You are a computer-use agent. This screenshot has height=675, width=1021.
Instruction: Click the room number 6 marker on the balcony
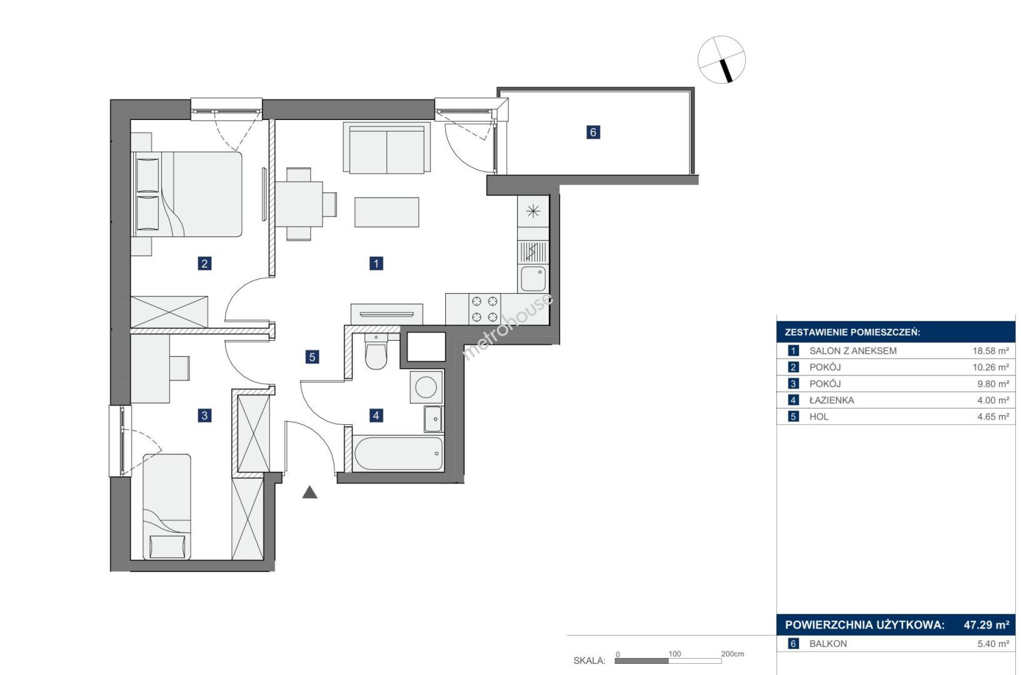coord(593,132)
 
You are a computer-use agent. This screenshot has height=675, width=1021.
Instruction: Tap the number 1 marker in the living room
coord(376,263)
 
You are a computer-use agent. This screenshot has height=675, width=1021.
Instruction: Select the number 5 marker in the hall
coord(312,357)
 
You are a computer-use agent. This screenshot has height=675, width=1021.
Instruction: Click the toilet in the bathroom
coord(376,352)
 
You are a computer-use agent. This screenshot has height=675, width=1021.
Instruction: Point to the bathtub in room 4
coord(398,453)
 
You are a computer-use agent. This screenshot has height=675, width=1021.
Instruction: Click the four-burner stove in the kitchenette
coord(485,309)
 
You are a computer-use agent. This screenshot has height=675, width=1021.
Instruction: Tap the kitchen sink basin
coord(533,279)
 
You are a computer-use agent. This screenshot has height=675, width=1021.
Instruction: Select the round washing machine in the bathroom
coord(426,387)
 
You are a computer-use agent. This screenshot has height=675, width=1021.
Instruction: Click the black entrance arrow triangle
coord(310,492)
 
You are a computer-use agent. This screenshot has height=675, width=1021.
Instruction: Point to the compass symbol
coord(722,60)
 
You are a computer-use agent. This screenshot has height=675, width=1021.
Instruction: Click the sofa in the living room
coord(386,147)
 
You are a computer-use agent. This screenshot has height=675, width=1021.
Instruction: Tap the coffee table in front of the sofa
coord(386,212)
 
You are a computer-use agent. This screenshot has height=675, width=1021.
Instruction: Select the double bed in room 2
coord(187,194)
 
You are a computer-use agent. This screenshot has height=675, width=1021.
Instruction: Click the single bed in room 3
coord(167,507)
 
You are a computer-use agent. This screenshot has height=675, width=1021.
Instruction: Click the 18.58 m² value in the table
coord(990,351)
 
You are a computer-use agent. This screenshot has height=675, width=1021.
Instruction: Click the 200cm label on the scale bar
coord(733,654)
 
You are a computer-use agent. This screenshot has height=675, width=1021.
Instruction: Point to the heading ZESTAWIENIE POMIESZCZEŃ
coord(852,332)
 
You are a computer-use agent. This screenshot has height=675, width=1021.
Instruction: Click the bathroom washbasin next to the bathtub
coord(433,419)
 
